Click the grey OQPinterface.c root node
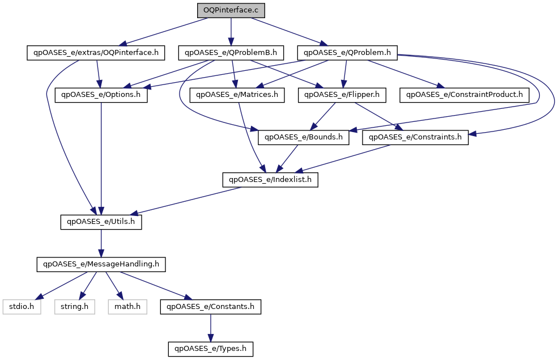pos(231,10)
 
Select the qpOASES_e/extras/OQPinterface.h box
pos(96,53)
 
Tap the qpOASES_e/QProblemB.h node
pos(231,53)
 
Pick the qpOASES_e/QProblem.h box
pos(347,53)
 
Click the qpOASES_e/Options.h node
pos(101,95)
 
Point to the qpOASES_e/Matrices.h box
pos(237,95)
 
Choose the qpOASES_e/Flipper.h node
pos(342,95)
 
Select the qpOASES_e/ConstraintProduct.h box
pos(465,95)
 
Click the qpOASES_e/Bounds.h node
pos(304,137)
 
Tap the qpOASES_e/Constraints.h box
pos(415,137)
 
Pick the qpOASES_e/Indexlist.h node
pos(270,180)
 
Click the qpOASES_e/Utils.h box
pos(101,222)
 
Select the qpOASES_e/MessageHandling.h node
pos(101,264)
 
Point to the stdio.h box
pos(22,307)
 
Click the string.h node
pos(75,307)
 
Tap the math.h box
pos(127,307)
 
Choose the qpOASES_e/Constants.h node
pos(210,307)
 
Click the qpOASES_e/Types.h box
pos(210,349)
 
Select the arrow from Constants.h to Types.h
pos(210,328)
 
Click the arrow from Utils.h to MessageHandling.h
pos(101,243)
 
